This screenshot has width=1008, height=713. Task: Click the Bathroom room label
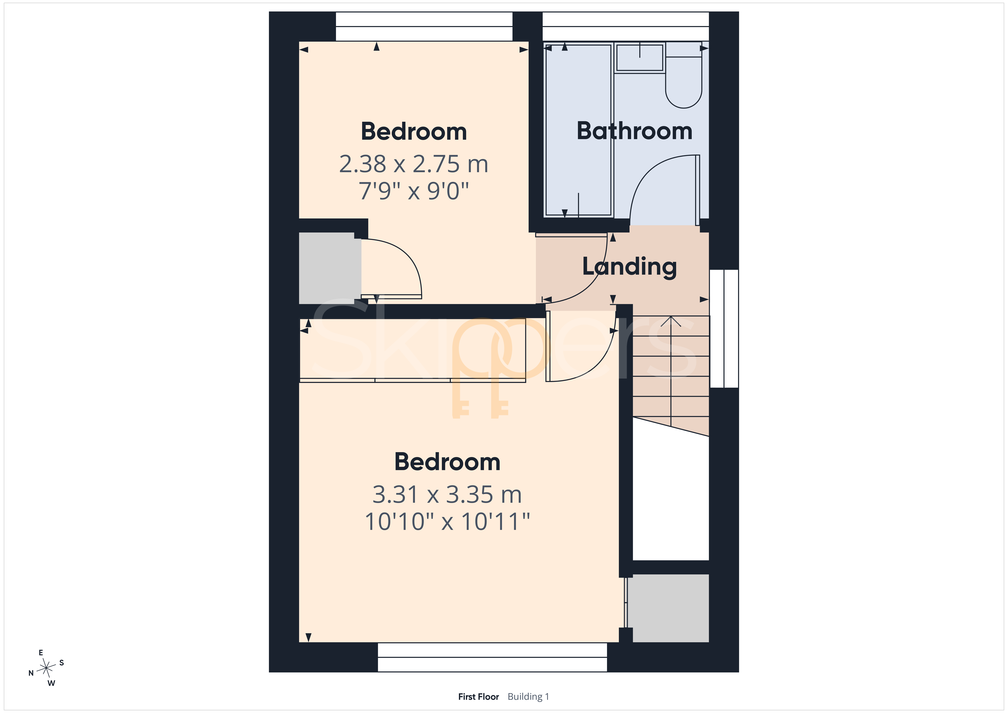(634, 131)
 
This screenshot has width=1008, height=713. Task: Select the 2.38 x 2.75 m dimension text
(414, 164)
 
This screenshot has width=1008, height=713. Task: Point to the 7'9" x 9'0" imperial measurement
(414, 191)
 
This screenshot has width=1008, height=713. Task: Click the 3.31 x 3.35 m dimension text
(447, 495)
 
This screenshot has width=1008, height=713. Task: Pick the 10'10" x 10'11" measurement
(447, 522)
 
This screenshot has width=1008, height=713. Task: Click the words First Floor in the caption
(479, 697)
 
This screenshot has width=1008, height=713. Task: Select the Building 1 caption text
(528, 697)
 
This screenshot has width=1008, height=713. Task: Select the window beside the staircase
(724, 329)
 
